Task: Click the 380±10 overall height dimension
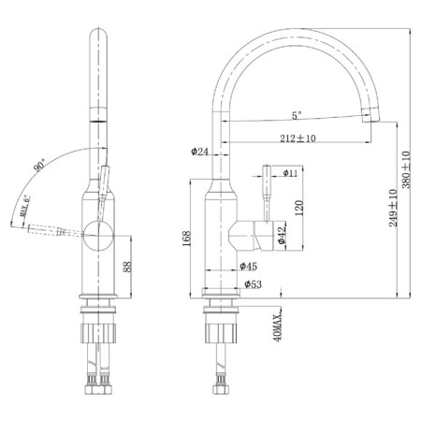[x=406, y=169]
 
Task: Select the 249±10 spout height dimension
[x=393, y=208]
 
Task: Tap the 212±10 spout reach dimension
[x=298, y=138]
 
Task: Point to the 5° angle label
[x=297, y=115]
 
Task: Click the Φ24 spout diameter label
[x=199, y=152]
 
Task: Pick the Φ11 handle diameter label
[x=290, y=173]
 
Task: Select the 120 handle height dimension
[x=298, y=209]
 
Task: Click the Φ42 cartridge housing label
[x=282, y=235]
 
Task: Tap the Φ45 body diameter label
[x=249, y=266]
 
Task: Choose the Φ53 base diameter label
[x=253, y=284]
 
